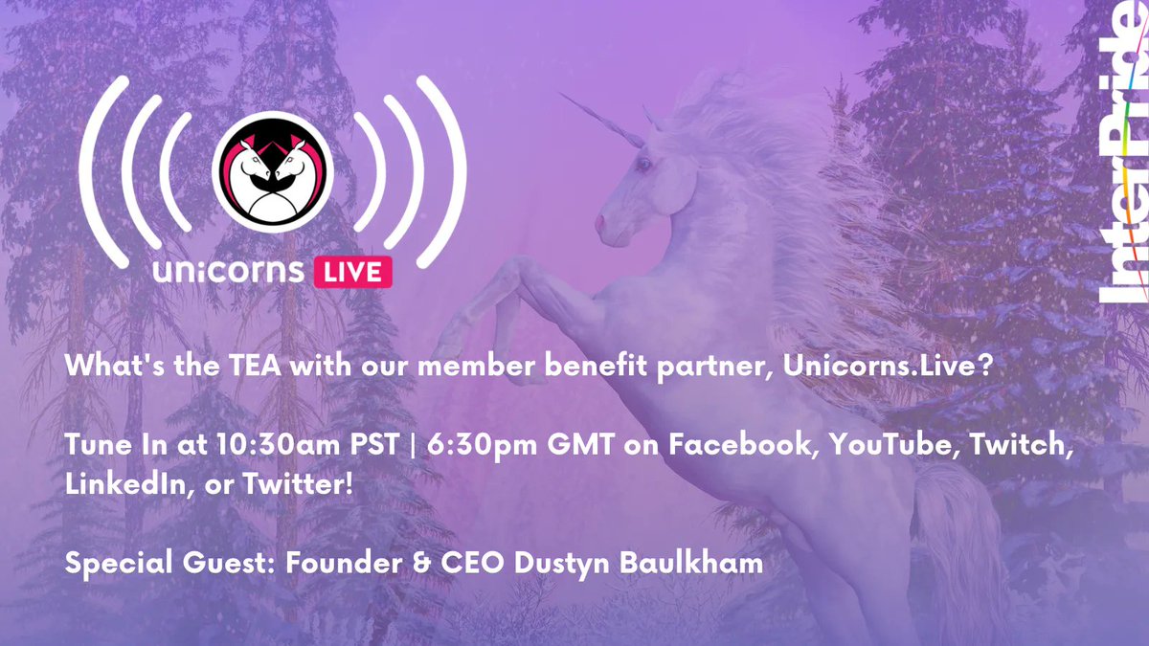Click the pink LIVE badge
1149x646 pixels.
pos(353,271)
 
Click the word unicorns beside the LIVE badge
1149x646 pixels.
pos(229,272)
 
